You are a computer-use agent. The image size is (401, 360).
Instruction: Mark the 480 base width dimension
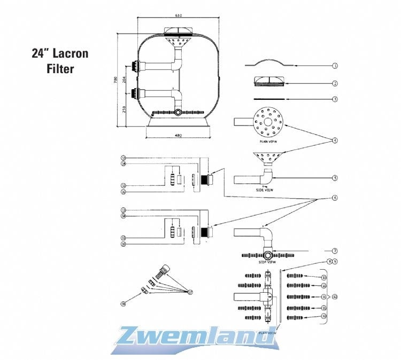pyautogui.click(x=178, y=135)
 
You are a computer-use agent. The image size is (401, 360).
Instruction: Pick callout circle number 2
pyautogui.click(x=335, y=83)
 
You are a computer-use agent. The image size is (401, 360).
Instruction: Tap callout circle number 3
pyautogui.click(x=335, y=99)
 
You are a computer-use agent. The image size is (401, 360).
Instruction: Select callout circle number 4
pyautogui.click(x=335, y=140)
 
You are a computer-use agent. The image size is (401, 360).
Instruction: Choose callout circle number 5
pyautogui.click(x=335, y=178)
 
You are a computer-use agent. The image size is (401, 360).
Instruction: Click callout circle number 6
pyautogui.click(x=335, y=198)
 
